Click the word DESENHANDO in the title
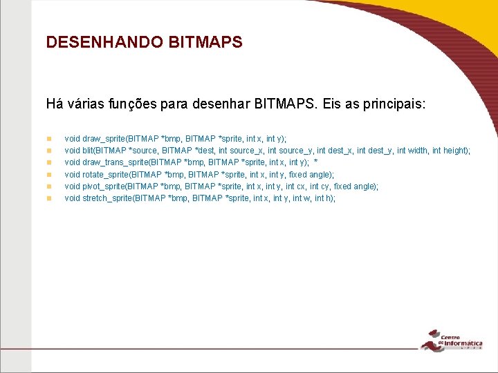pyautogui.click(x=104, y=42)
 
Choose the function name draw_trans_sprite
pyautogui.click(x=115, y=162)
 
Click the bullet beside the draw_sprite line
pyautogui.click(x=49, y=139)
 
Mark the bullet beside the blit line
pyautogui.click(x=49, y=151)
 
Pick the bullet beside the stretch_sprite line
pyautogui.click(x=49, y=198)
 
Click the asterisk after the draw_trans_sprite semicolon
pyautogui.click(x=315, y=162)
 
